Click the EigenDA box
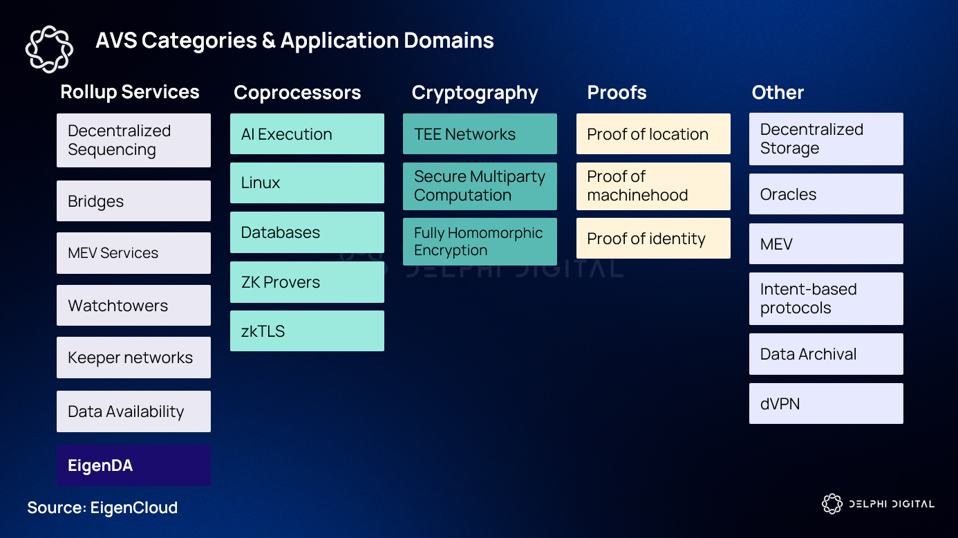pyautogui.click(x=133, y=465)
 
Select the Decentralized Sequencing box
pyautogui.click(x=133, y=140)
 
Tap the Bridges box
pyautogui.click(x=133, y=201)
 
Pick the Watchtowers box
pyautogui.click(x=133, y=305)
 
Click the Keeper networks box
pyautogui.click(x=133, y=358)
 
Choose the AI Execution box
pyautogui.click(x=307, y=133)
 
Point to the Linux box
pyautogui.click(x=307, y=183)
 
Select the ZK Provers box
pyautogui.click(x=307, y=282)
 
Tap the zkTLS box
pyautogui.click(x=307, y=331)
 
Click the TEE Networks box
pyautogui.click(x=480, y=133)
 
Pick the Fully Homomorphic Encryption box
pyautogui.click(x=480, y=241)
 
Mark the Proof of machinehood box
pyautogui.click(x=653, y=186)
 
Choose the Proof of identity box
pyautogui.click(x=653, y=239)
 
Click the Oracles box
pyautogui.click(x=826, y=194)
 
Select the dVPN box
pyautogui.click(x=826, y=403)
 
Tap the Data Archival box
pyautogui.click(x=826, y=354)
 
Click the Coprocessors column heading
pyautogui.click(x=297, y=93)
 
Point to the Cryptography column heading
pyautogui.click(x=475, y=93)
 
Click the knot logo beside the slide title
pyautogui.click(x=49, y=48)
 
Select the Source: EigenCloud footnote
pyautogui.click(x=102, y=508)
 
